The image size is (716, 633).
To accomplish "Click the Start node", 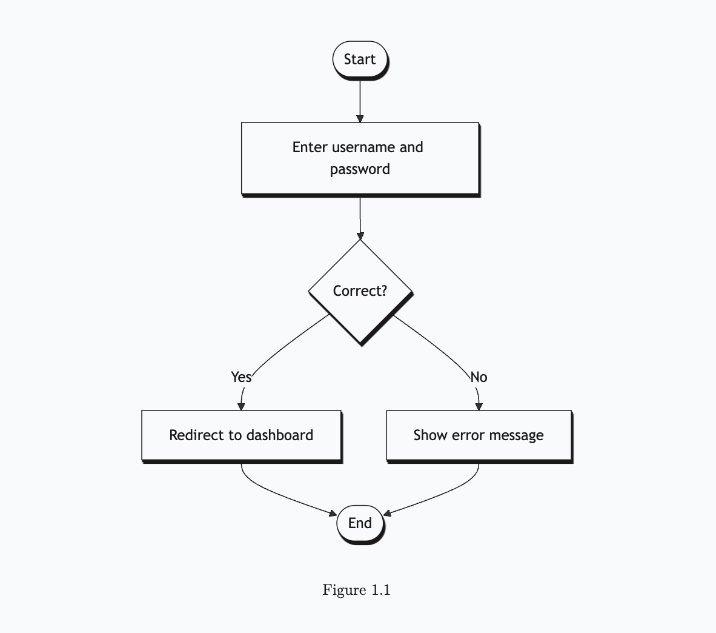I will (360, 59).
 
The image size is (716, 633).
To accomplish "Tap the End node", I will (360, 523).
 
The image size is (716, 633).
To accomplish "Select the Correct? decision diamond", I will (360, 291).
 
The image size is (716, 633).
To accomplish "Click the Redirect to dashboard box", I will (241, 435).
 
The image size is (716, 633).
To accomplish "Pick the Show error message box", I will (479, 435).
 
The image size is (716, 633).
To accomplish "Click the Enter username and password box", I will (360, 158).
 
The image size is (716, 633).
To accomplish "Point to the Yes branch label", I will (241, 377).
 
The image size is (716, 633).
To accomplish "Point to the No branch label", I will (479, 377).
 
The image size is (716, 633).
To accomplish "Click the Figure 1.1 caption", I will (356, 590).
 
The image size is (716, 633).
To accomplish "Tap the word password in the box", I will (360, 169).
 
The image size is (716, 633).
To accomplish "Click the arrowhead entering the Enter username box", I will (360, 118).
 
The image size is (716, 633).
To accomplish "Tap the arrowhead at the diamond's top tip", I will (360, 235).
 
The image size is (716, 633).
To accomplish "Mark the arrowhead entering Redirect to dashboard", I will (241, 406).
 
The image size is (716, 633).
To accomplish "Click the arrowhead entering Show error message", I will (479, 406).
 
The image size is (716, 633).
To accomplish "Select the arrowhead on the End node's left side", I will (333, 514).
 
